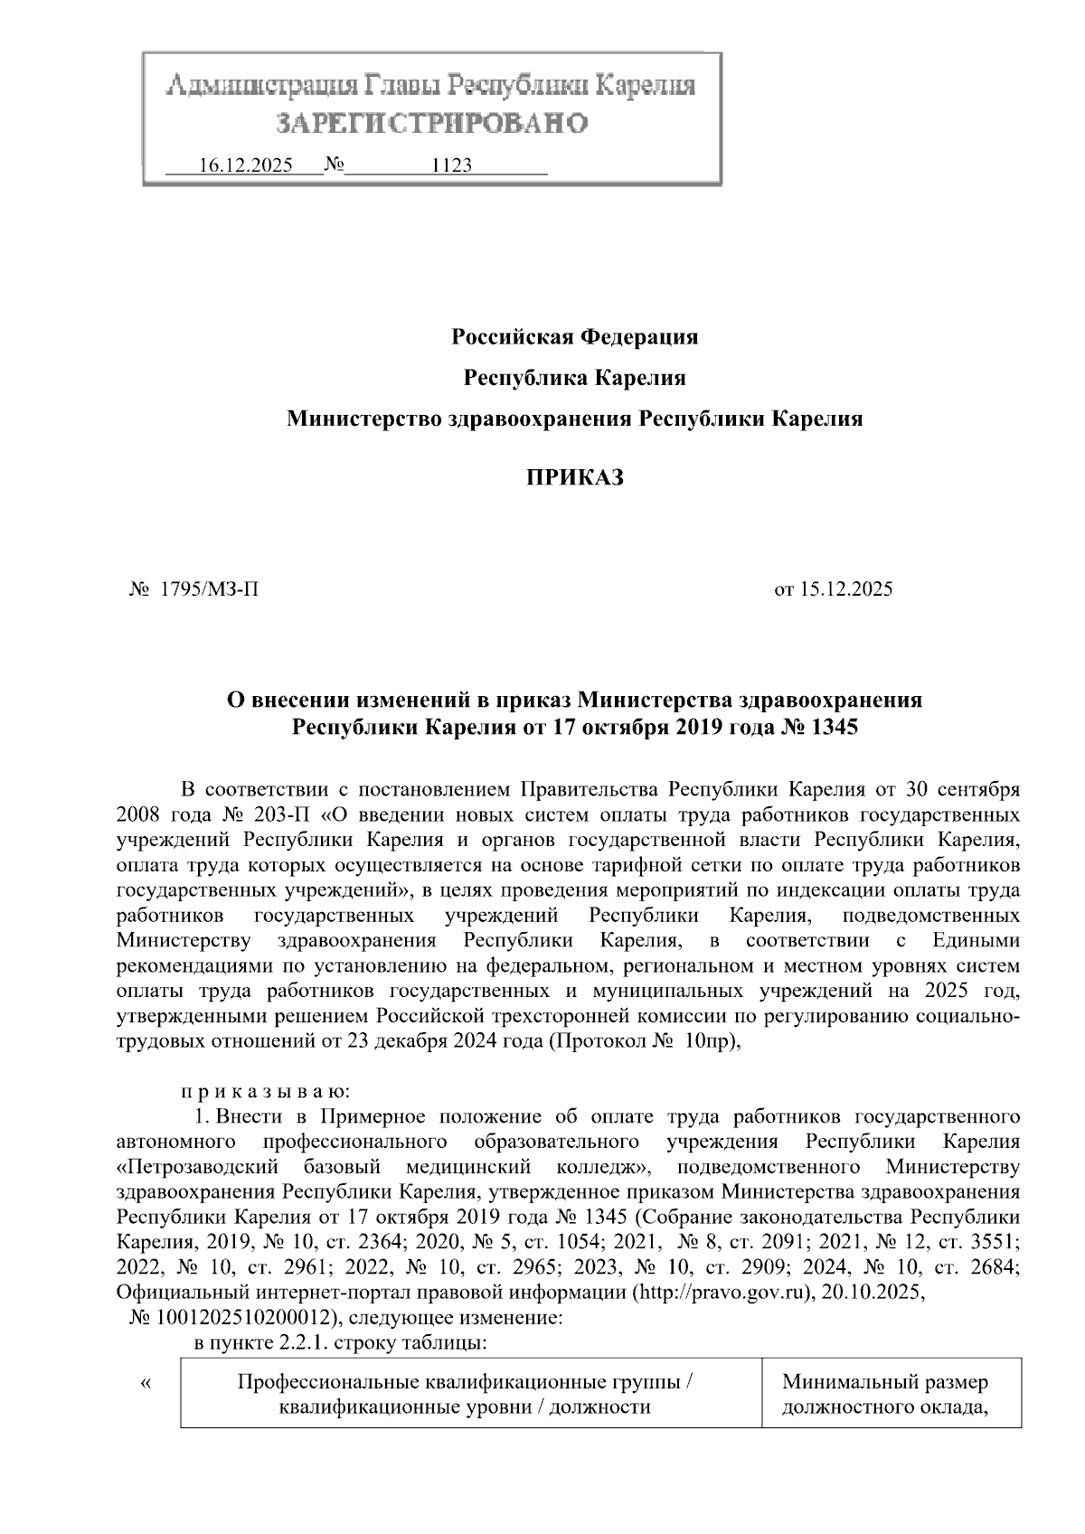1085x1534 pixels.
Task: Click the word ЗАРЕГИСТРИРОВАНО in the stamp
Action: (431, 122)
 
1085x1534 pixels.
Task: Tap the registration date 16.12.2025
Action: (245, 166)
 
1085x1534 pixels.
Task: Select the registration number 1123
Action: (452, 166)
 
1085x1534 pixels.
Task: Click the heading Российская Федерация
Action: (574, 337)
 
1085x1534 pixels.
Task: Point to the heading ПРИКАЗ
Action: (575, 478)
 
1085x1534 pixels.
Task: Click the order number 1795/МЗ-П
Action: (209, 590)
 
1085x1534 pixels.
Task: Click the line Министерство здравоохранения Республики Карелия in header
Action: (574, 419)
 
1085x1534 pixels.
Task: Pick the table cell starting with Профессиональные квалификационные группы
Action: (470, 1395)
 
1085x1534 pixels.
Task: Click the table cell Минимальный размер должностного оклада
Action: (892, 1395)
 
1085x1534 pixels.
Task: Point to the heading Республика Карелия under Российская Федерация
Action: (574, 378)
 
